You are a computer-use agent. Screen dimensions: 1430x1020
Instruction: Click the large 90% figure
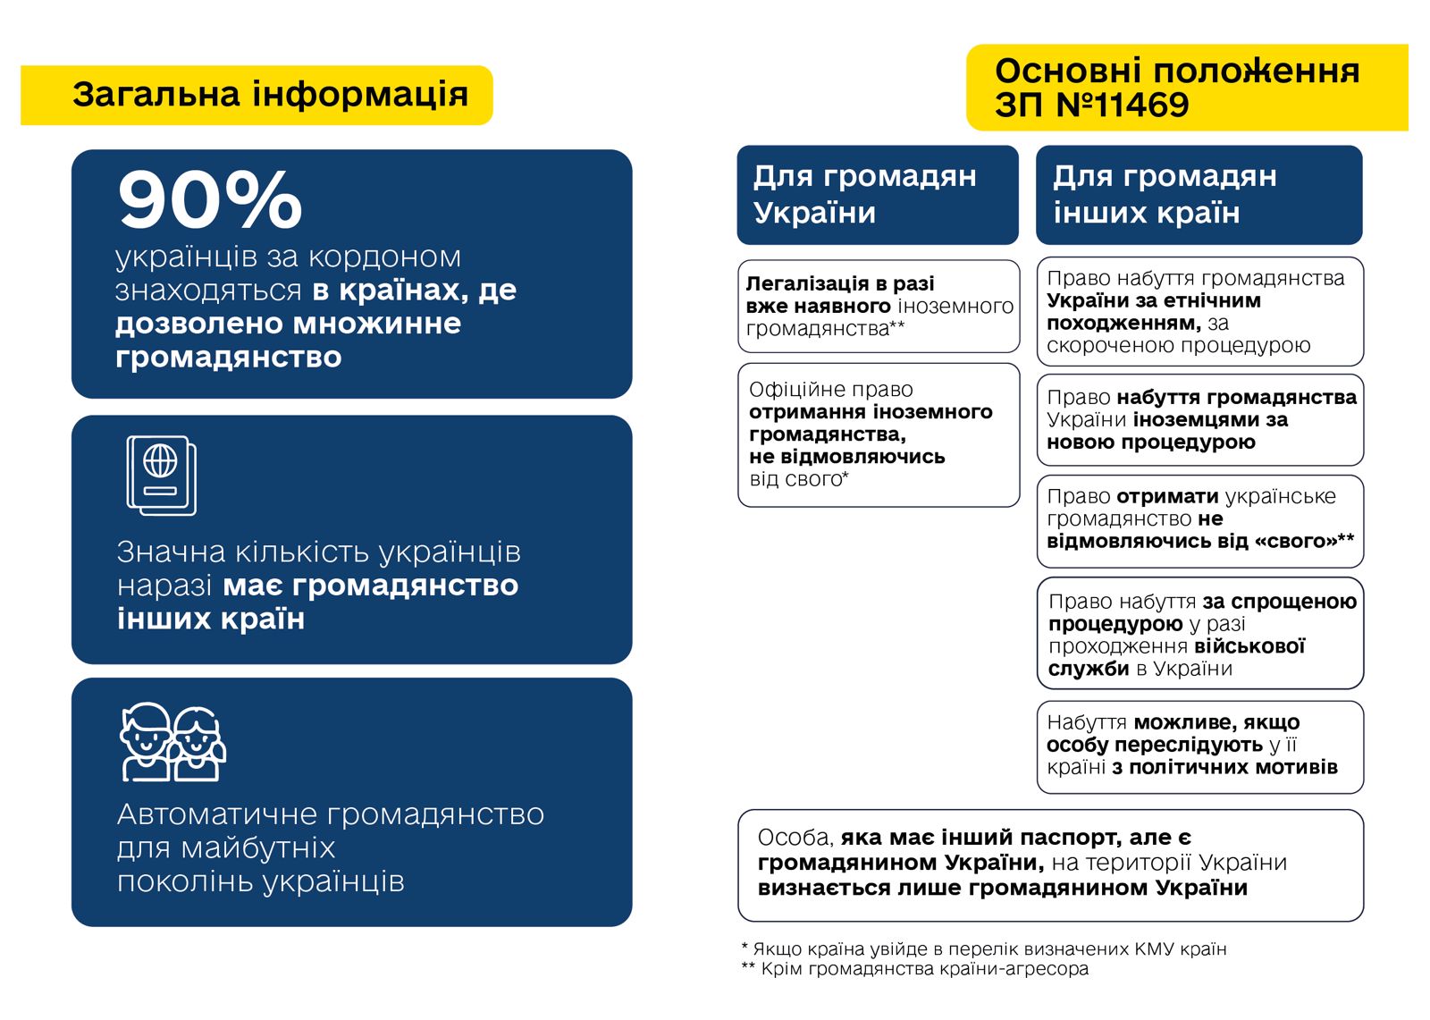coord(209,200)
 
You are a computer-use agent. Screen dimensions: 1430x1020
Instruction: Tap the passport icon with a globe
coord(162,476)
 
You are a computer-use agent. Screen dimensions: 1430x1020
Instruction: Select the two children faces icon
coord(172,742)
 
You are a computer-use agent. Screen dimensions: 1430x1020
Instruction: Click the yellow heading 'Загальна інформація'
coord(270,94)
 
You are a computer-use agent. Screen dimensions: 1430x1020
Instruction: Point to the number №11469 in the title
coord(1123,104)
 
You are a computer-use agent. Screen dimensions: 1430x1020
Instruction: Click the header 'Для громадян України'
coord(865,194)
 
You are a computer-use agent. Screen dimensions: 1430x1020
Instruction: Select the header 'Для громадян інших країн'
coord(1165,194)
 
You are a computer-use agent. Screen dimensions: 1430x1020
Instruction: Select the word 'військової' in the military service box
coord(1249,645)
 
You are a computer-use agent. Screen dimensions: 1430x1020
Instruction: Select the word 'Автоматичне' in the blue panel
coord(218,814)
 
